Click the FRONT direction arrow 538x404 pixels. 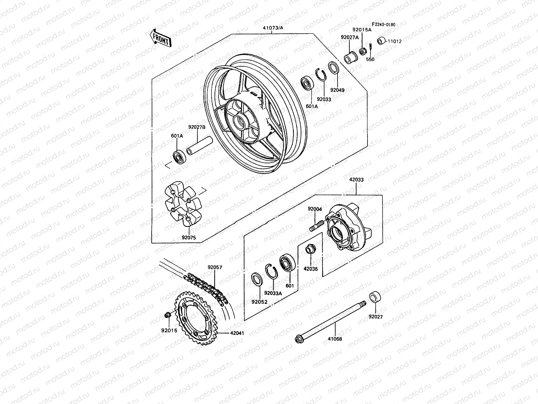161,38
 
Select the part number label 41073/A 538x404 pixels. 273,28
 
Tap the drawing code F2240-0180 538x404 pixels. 383,25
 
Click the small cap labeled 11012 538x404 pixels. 381,41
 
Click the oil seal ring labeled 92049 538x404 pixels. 333,68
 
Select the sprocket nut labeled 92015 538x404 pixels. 166,315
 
